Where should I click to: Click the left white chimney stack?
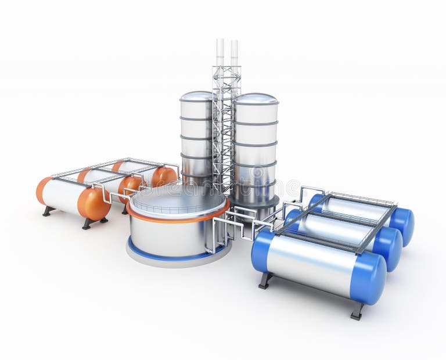pos(220,52)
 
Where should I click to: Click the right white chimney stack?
pos(234,52)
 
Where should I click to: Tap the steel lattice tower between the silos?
pos(225,128)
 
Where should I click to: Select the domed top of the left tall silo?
pos(196,96)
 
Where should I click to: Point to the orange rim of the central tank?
pos(174,219)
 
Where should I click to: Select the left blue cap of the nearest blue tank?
pos(261,251)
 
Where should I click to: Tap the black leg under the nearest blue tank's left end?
pos(265,280)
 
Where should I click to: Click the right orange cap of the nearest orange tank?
pos(93,204)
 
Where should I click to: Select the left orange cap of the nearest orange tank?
pos(43,190)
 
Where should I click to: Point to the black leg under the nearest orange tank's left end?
pos(47,211)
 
